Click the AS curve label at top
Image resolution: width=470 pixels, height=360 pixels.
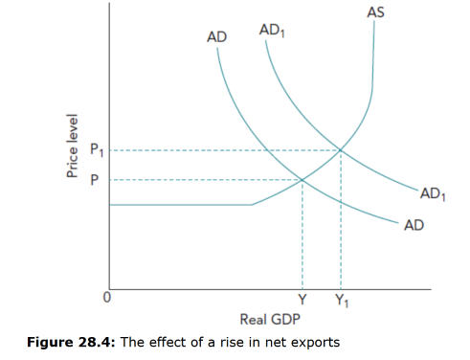tap(375, 12)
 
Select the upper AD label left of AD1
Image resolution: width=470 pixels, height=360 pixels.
tap(217, 37)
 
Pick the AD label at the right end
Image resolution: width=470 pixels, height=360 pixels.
tap(414, 225)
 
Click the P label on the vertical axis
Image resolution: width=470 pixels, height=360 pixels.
tap(94, 179)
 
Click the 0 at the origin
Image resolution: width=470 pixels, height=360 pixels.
tap(108, 298)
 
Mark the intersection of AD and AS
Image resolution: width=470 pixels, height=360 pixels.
tap(302, 179)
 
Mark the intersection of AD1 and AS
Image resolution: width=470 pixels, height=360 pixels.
tap(340, 149)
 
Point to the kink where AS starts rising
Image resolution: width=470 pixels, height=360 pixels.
tap(253, 203)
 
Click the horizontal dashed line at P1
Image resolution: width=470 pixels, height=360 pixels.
tap(220, 149)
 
